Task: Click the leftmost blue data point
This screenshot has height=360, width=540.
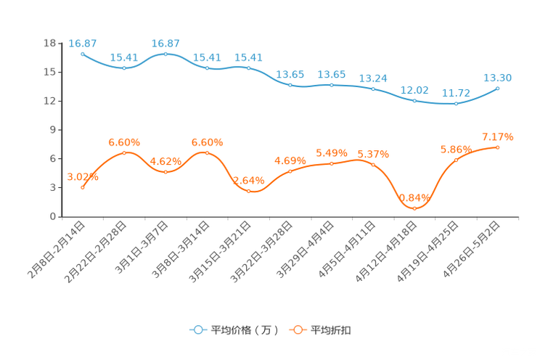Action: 83,54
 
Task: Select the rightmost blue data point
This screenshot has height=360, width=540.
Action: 497,89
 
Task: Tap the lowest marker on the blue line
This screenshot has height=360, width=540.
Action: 456,105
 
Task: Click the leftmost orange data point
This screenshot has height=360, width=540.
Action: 83,187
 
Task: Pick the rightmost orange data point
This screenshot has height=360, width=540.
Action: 497,147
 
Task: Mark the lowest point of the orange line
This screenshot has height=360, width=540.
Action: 414,208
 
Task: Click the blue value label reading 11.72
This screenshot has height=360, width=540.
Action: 456,94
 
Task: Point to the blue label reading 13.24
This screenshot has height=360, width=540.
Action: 373,77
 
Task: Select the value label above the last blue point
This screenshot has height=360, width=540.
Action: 498,77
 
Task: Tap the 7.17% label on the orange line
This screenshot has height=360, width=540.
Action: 497,136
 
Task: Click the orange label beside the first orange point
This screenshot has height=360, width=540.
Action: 82,176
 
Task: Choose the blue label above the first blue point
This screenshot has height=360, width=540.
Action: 83,43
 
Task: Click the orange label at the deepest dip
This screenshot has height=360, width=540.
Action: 414,197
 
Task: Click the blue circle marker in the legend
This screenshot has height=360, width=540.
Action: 197,330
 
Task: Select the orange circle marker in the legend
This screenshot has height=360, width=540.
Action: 297,330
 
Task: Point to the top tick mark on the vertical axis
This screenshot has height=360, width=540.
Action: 61,44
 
